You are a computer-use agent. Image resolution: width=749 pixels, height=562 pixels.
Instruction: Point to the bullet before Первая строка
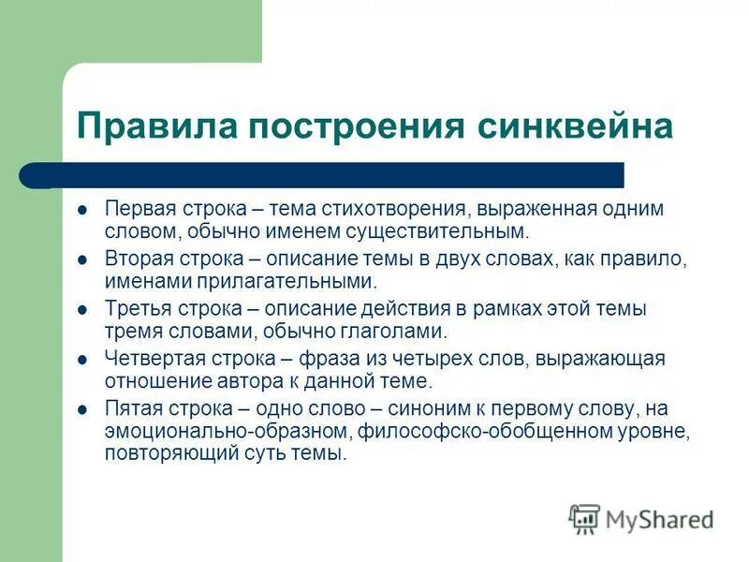click(x=82, y=210)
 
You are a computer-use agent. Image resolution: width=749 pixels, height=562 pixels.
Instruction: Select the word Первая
click(x=136, y=209)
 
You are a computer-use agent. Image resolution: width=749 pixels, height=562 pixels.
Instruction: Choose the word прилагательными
click(x=298, y=280)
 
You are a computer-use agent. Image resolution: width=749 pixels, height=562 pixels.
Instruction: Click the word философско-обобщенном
click(x=485, y=432)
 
